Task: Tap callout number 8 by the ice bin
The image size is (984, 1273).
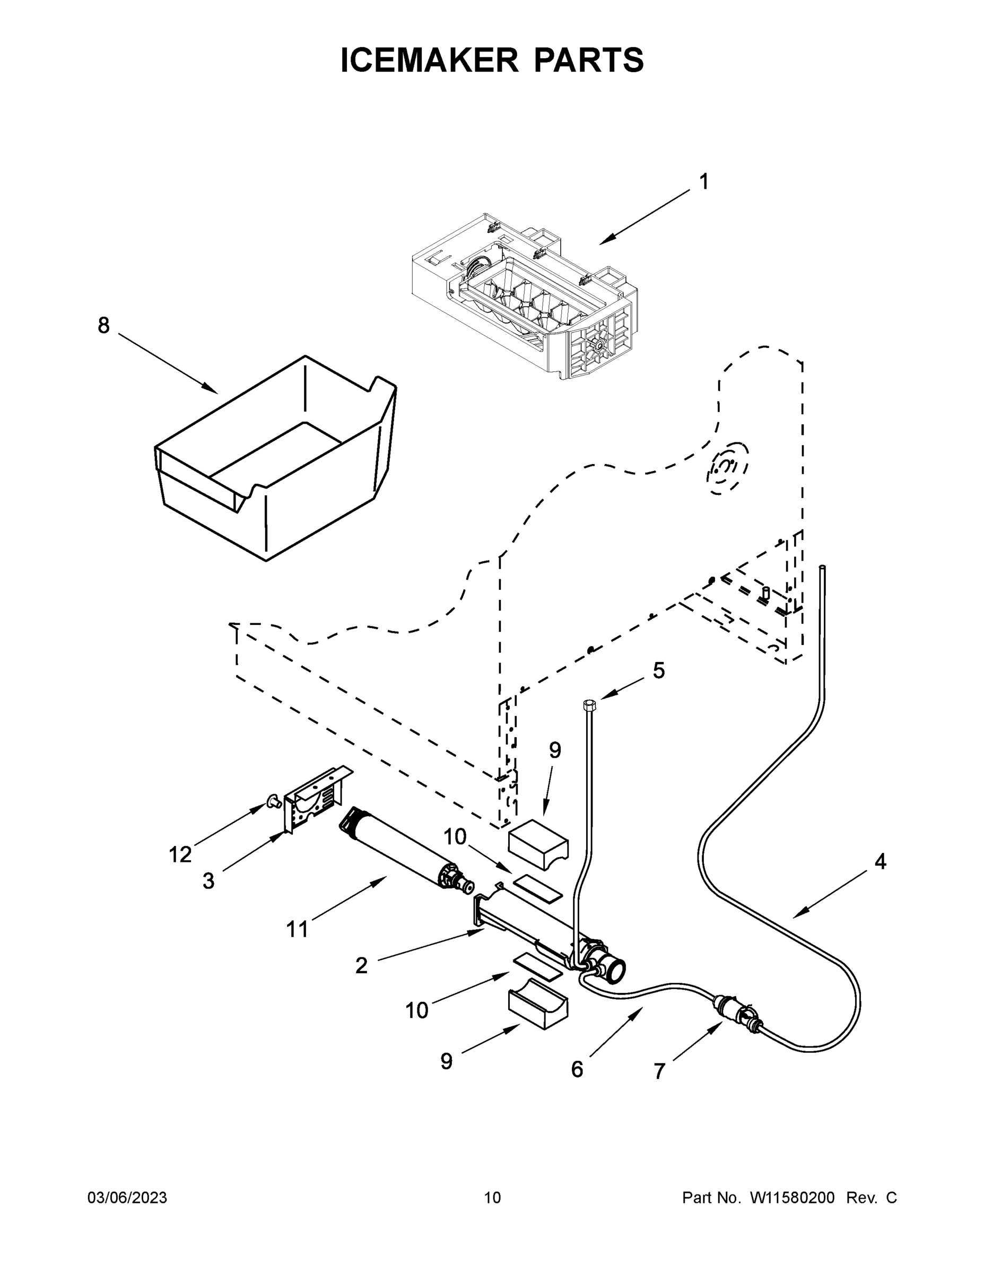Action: tap(103, 326)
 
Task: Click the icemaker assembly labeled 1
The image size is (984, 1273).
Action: tap(525, 297)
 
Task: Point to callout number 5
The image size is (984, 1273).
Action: tap(658, 671)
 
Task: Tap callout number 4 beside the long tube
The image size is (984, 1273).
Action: tap(880, 861)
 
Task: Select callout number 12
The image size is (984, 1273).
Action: tap(180, 855)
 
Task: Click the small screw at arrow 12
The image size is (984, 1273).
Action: tap(271, 803)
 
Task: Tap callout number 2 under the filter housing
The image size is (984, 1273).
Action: tap(361, 966)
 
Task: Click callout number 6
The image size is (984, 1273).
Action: tap(577, 1069)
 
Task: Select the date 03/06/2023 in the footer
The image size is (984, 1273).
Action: tap(127, 1198)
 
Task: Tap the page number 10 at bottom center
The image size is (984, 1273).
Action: tap(492, 1198)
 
